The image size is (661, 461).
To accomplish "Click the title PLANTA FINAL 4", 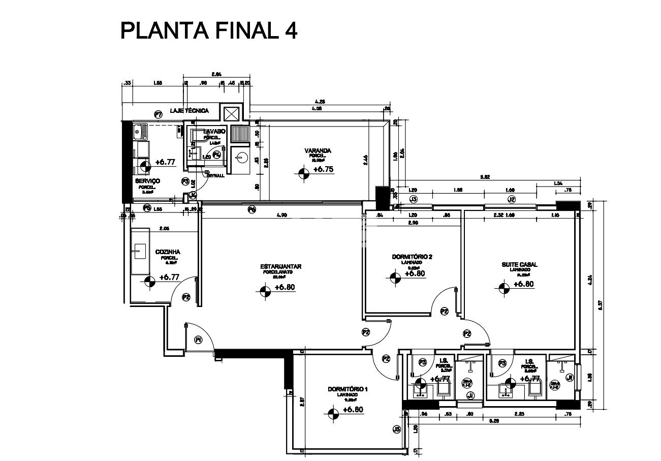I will coord(208,31).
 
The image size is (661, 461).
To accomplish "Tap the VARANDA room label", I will coord(318,151).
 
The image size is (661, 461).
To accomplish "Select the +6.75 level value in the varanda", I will coord(323,170).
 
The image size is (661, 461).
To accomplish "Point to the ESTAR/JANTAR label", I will coord(281,266).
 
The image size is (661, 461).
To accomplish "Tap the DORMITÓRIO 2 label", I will coord(412,257).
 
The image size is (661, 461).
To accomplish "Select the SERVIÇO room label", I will coord(147,181).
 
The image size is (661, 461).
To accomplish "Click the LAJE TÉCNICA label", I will coord(190,110).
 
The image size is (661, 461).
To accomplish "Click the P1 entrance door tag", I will coord(198,340).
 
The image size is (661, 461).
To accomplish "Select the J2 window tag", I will coord(512,199).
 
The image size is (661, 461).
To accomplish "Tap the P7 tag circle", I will coord(158,115).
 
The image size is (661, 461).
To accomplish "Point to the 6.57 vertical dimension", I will coord(600,305).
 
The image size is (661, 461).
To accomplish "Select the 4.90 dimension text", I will coord(282,216).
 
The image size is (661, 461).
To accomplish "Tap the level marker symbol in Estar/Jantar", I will coord(264,291).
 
